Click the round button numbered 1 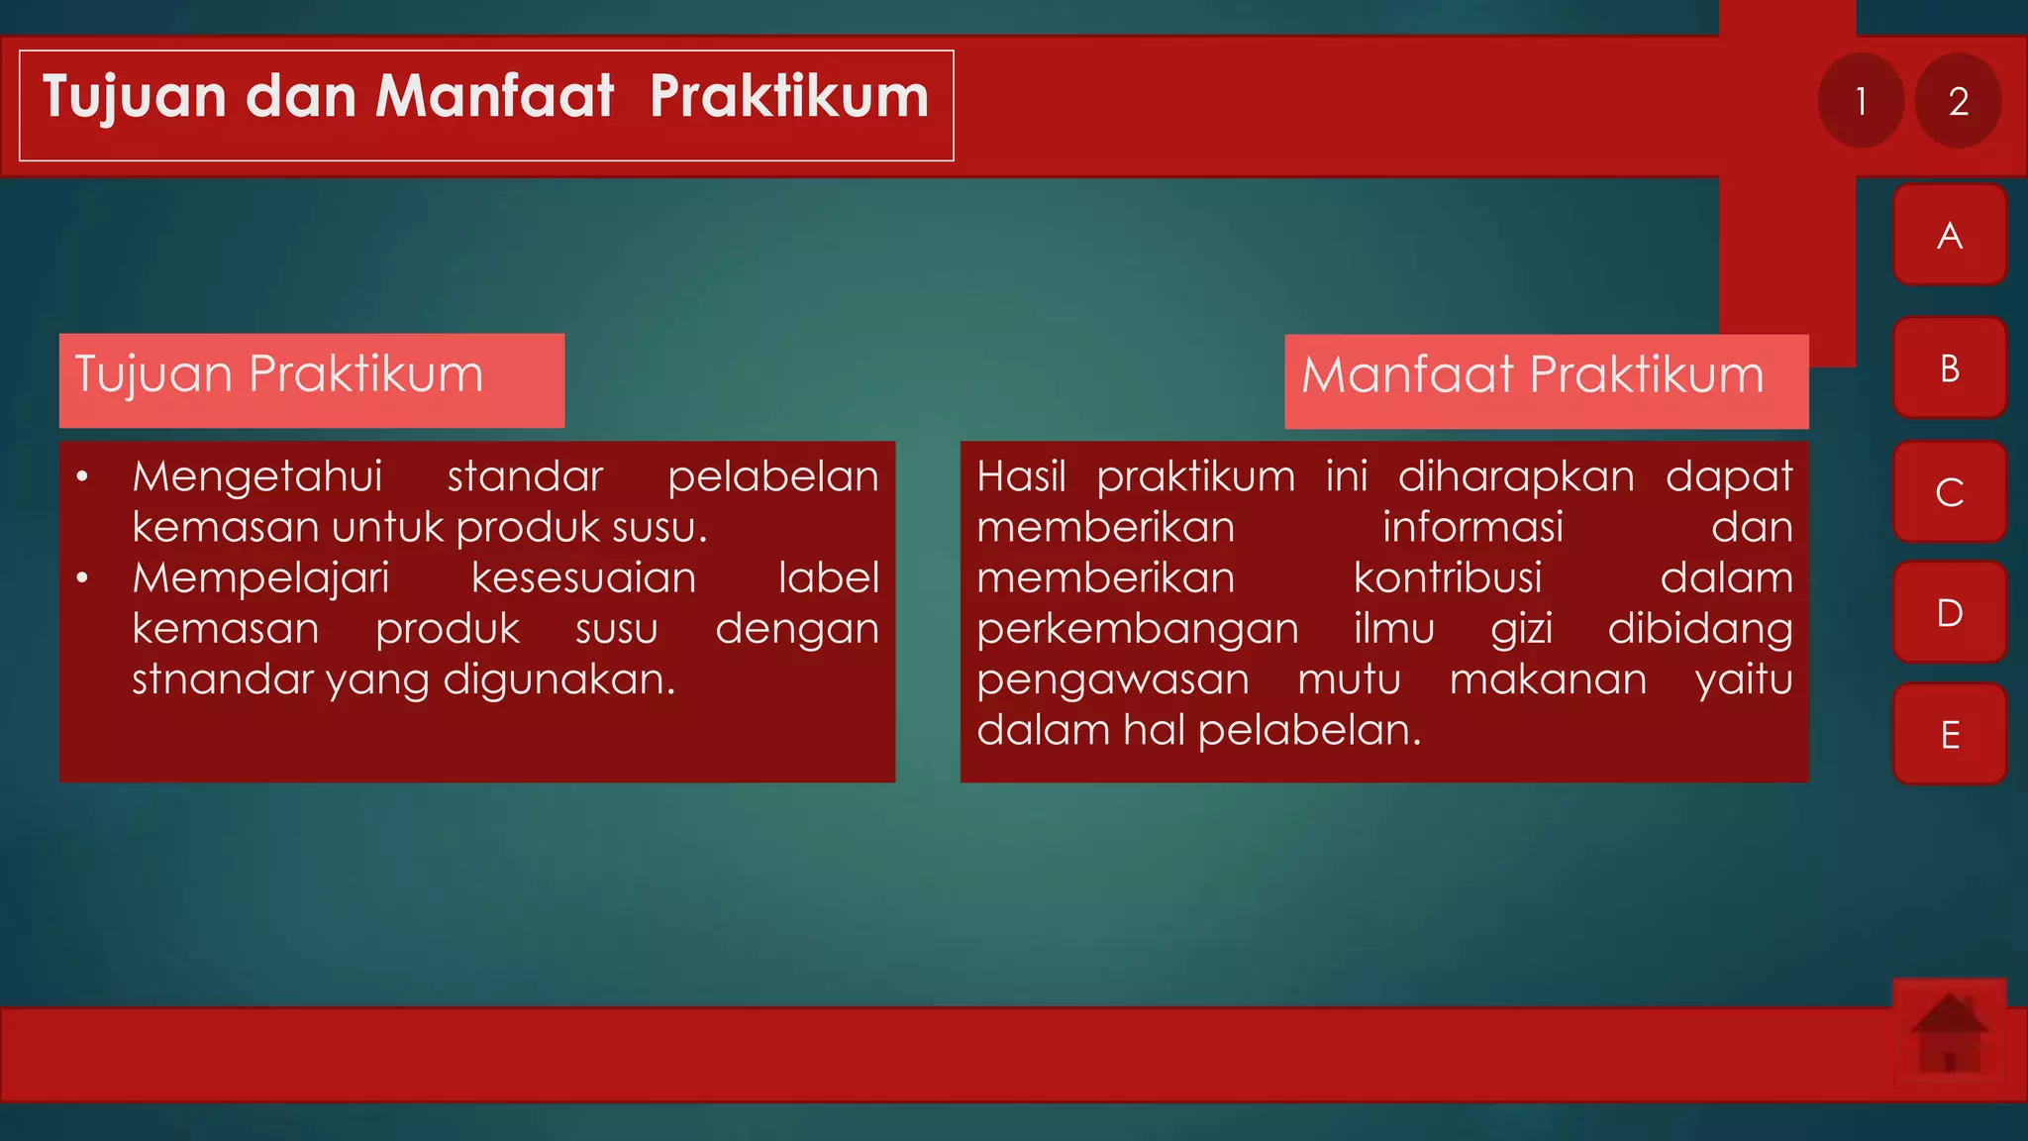click(x=1861, y=101)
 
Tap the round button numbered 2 click(x=1958, y=101)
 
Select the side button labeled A click(x=1949, y=236)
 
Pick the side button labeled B click(x=1949, y=368)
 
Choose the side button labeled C click(x=1949, y=492)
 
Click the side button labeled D click(x=1949, y=613)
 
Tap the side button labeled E click(x=1949, y=735)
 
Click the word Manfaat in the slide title click(x=494, y=97)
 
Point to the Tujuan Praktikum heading click(x=279, y=375)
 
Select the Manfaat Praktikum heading click(x=1532, y=375)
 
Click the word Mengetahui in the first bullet click(x=257, y=477)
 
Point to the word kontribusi click(x=1447, y=578)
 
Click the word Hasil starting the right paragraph click(x=1020, y=477)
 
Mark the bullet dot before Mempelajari click(x=83, y=578)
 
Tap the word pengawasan click(x=1112, y=680)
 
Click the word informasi click(x=1472, y=528)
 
